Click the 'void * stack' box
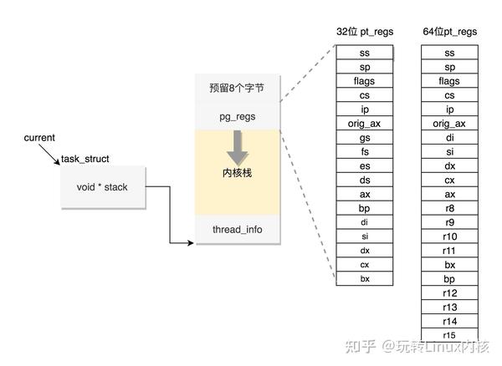pos(102,187)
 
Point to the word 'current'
pos(39,137)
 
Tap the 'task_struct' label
pos(85,159)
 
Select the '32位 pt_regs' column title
pos(365,32)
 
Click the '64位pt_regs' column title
pos(449,32)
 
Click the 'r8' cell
pos(449,208)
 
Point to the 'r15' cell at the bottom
pos(449,335)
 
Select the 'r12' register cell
pos(449,293)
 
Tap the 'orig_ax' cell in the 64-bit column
pos(449,124)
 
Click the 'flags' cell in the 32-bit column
pos(364,81)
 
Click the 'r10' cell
pos(449,236)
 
